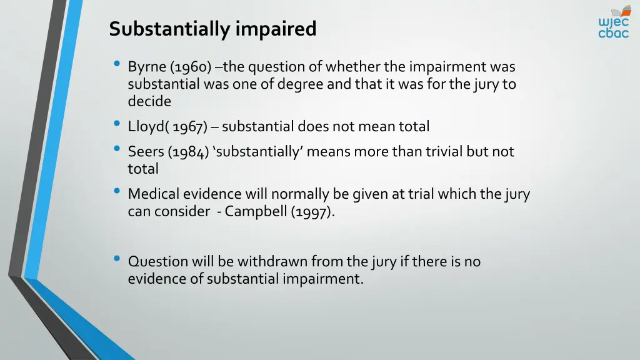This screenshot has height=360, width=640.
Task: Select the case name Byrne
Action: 147,67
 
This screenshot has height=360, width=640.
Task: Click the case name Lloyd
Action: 146,127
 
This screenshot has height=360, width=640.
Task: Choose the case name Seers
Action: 146,151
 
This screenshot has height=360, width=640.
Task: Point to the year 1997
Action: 311,211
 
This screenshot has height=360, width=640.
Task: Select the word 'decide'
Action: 149,101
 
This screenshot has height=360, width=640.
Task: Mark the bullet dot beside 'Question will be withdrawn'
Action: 117,259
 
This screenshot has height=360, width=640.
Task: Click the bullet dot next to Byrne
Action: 117,64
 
